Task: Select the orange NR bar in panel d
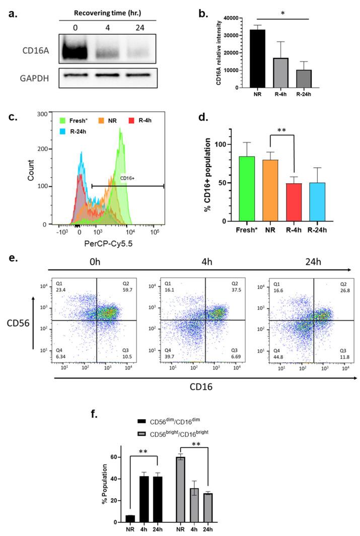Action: tap(271, 190)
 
